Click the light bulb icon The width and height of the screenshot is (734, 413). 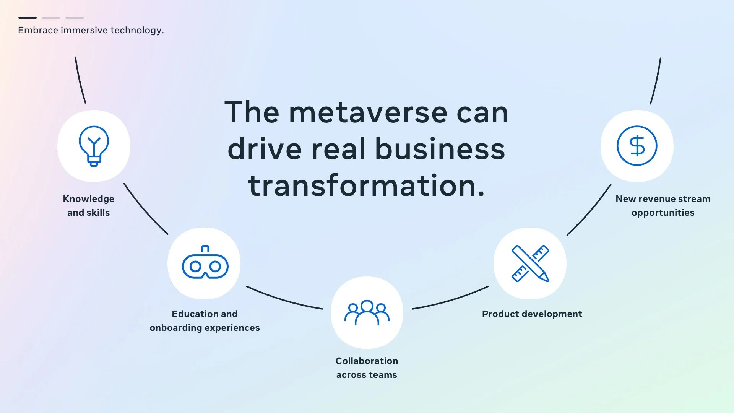click(x=94, y=146)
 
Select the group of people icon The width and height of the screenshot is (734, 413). click(x=367, y=312)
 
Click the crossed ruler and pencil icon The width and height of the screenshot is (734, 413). click(x=530, y=263)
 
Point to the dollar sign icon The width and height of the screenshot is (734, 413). click(x=637, y=146)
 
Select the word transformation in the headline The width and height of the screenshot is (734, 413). click(x=366, y=185)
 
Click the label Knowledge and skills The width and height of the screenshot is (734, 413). click(x=89, y=206)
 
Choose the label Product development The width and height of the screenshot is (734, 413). click(x=532, y=314)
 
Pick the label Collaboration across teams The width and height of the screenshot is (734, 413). click(x=367, y=368)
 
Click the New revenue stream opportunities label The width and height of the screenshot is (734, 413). click(x=663, y=206)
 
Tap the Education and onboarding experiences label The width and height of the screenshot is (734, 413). click(x=205, y=321)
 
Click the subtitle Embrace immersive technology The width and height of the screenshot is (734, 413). click(x=91, y=30)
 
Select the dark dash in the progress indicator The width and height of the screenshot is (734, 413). click(x=28, y=18)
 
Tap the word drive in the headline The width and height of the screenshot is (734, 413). click(x=265, y=148)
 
